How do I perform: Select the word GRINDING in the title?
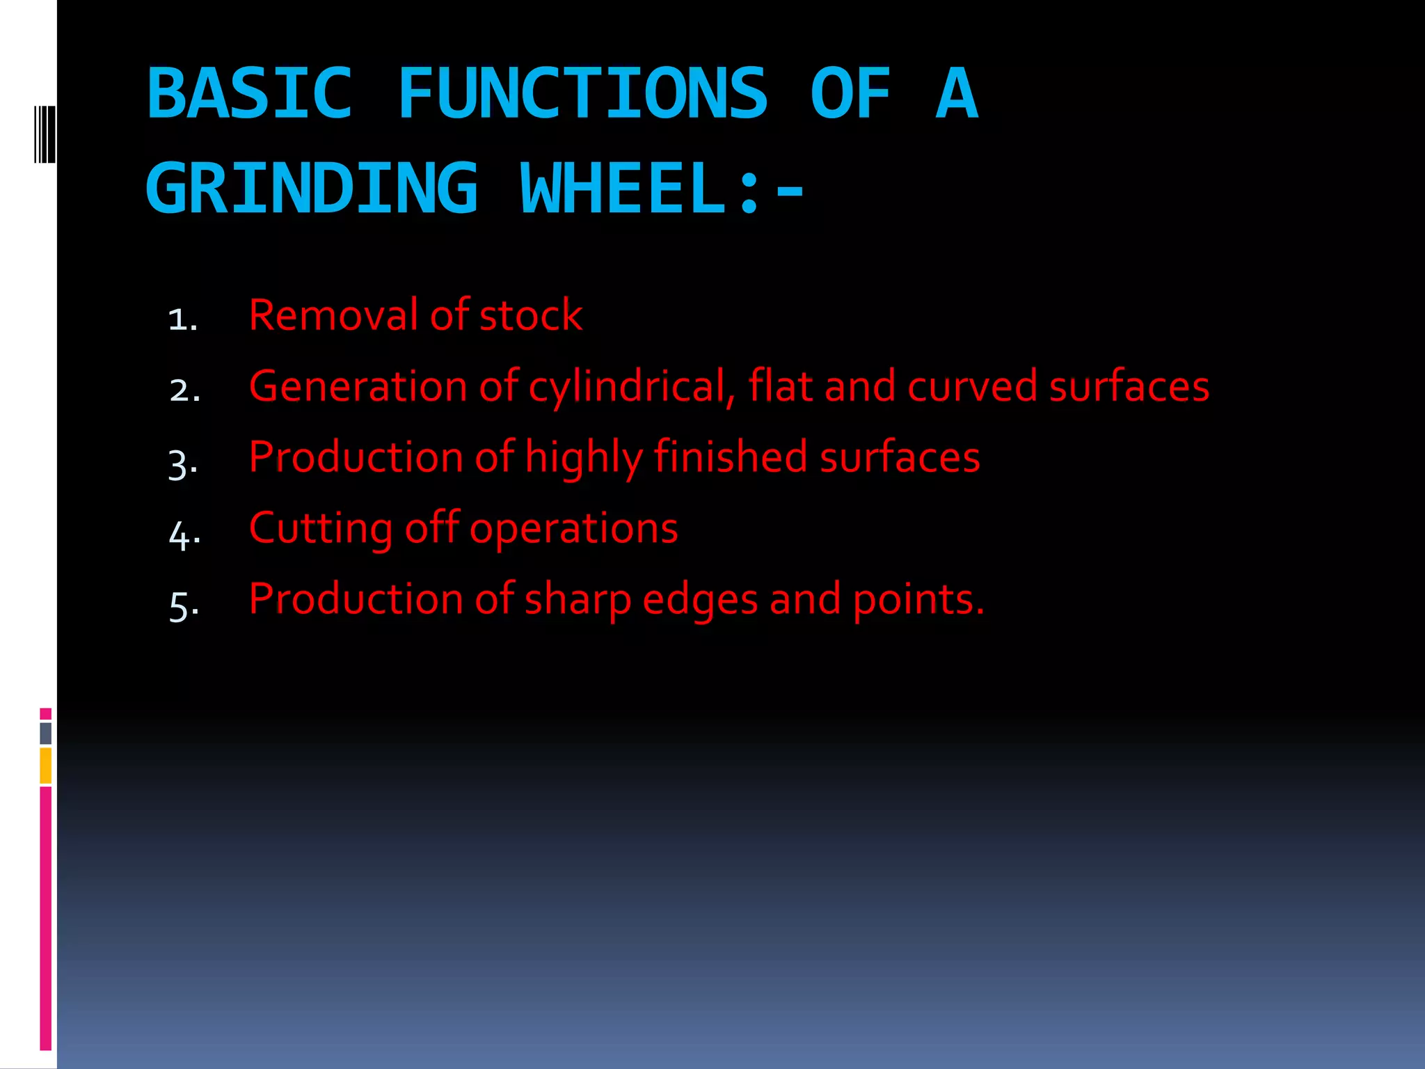pos(312,189)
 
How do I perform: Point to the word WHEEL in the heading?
pos(623,189)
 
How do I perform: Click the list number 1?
pos(182,319)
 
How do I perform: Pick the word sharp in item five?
pos(577,601)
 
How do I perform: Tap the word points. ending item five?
pos(918,601)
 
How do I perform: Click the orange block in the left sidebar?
pos(46,766)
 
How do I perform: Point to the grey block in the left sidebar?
pos(46,733)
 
